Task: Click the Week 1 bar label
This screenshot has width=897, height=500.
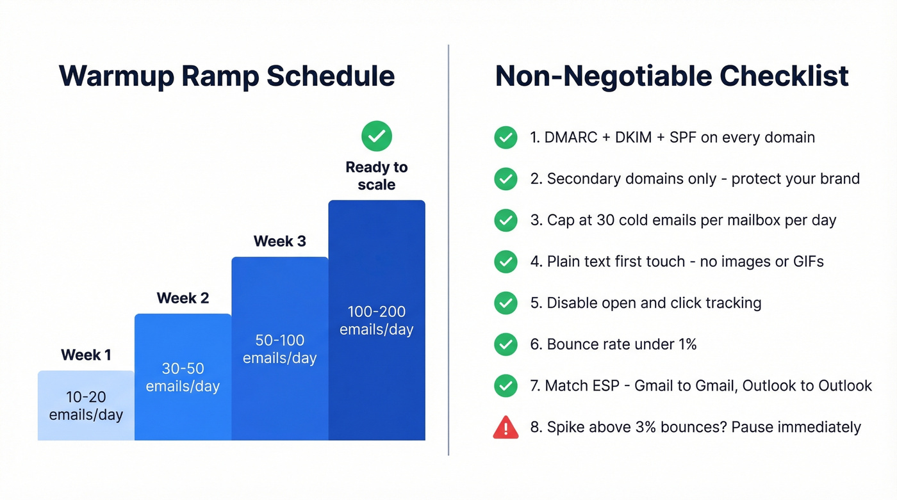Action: click(x=86, y=355)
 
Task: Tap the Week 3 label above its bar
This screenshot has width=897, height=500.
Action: click(x=279, y=241)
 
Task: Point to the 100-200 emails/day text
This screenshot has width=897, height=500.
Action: click(x=376, y=321)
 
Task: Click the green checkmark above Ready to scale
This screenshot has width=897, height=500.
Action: click(x=376, y=136)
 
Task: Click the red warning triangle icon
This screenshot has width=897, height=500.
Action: click(x=506, y=427)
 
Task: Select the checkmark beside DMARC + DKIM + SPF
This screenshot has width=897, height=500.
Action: click(x=506, y=137)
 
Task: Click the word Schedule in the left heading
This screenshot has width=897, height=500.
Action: click(x=331, y=76)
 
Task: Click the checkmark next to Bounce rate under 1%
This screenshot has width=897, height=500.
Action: click(x=506, y=344)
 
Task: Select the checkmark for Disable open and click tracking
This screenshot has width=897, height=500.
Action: click(x=506, y=303)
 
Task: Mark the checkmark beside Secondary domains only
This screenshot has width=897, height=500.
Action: click(x=506, y=179)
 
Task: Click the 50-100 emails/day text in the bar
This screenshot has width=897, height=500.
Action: click(x=279, y=349)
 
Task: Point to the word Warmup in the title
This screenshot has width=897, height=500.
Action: click(x=115, y=76)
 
